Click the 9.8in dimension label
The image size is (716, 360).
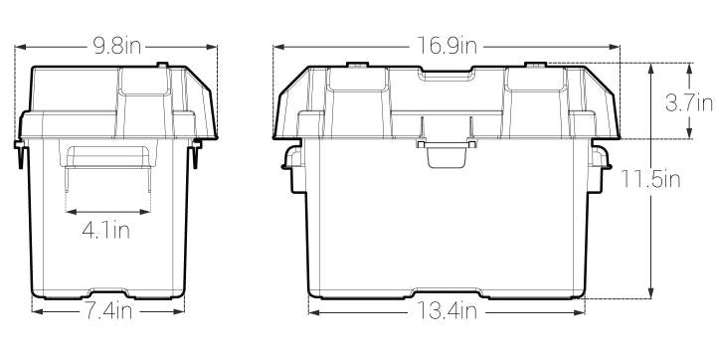(x=117, y=46)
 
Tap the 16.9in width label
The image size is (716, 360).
(x=447, y=46)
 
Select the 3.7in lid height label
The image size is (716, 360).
(x=688, y=103)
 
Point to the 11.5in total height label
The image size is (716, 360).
(x=650, y=180)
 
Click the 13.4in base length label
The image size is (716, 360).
(x=447, y=311)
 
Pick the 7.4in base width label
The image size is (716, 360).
(x=107, y=311)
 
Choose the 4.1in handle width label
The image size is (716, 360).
(x=106, y=231)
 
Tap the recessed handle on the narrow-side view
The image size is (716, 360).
(x=107, y=156)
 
